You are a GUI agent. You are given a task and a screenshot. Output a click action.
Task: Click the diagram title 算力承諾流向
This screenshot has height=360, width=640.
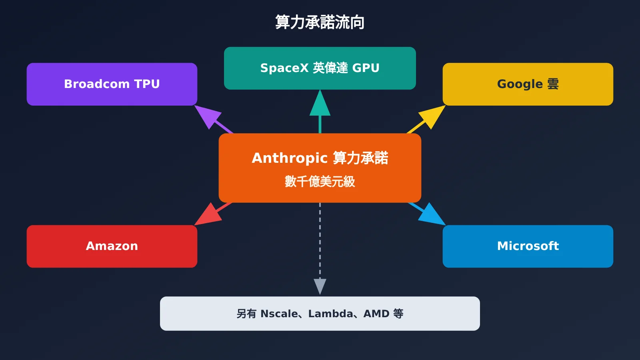[320, 22]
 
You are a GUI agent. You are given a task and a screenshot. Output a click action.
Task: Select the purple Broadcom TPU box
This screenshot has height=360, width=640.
[112, 84]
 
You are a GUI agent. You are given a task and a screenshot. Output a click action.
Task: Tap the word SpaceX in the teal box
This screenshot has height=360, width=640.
[284, 68]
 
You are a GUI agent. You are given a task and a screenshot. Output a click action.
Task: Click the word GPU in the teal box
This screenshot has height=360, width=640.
[366, 68]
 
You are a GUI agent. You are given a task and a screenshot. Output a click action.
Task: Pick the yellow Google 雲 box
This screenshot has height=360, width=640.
[528, 84]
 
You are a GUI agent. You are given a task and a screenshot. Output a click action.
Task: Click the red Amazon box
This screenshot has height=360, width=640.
[112, 246]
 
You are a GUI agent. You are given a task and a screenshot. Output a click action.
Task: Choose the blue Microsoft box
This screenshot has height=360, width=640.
[528, 246]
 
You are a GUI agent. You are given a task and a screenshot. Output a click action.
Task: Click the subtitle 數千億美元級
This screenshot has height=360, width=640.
[320, 182]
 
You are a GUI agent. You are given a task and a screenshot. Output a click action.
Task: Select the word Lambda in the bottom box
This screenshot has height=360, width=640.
[330, 314]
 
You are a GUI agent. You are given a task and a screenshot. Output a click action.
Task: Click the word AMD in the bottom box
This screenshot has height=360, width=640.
[376, 314]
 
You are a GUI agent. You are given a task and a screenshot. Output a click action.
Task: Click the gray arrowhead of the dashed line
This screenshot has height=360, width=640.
[320, 285]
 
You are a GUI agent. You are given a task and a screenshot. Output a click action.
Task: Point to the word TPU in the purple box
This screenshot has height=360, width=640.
[147, 84]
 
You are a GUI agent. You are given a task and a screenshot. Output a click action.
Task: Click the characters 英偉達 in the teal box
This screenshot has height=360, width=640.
[330, 68]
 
